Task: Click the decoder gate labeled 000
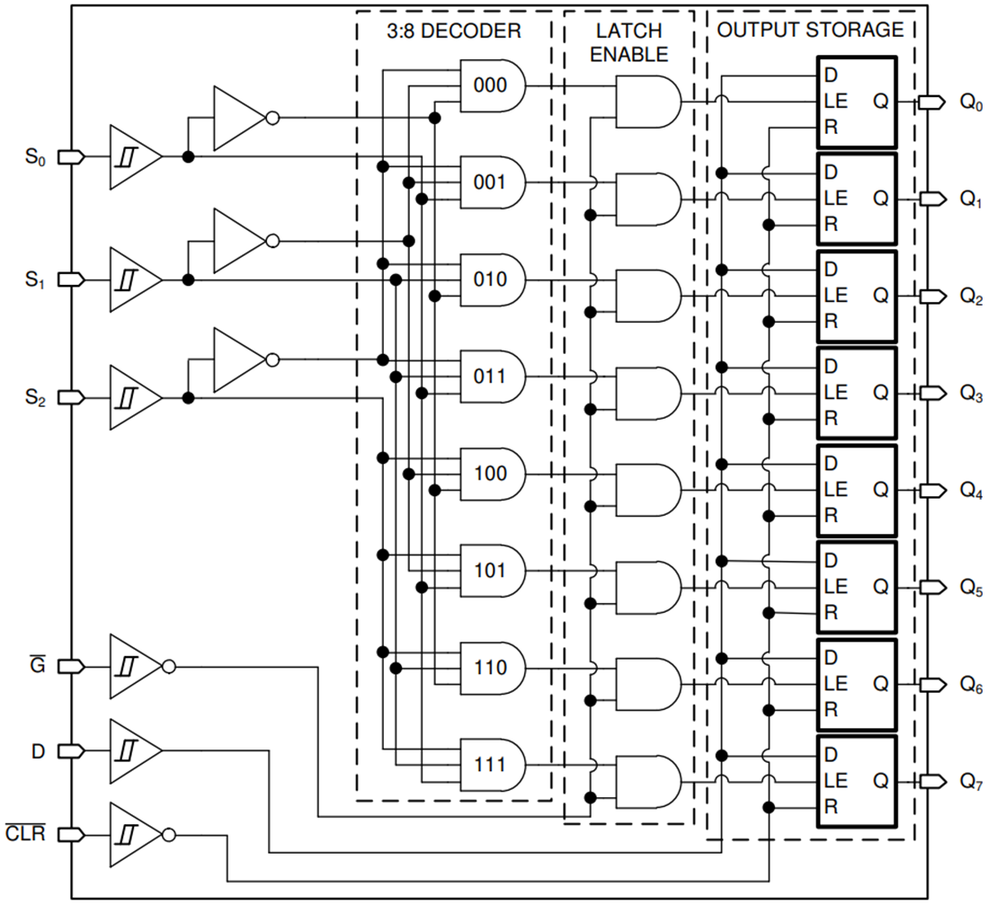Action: click(491, 85)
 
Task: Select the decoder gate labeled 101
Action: click(491, 571)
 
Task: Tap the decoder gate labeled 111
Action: click(491, 766)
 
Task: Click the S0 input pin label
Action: click(34, 158)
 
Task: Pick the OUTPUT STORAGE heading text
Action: click(809, 30)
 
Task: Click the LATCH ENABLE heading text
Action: click(629, 42)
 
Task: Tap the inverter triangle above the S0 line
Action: click(236, 118)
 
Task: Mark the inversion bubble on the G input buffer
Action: click(169, 667)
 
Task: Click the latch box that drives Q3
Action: click(855, 392)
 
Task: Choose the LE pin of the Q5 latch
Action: click(835, 587)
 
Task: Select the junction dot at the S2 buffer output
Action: click(188, 397)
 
